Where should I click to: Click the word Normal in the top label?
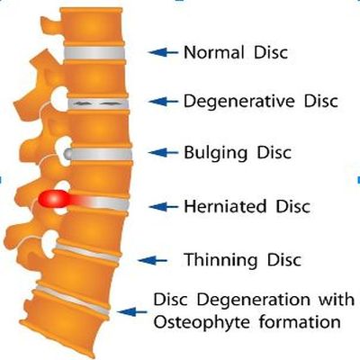coord(213,52)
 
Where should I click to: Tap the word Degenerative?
coord(239,101)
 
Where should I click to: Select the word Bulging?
coord(215,153)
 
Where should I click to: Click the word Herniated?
coord(225,206)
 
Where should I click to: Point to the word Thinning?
coord(220,260)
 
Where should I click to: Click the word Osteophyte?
coord(202,322)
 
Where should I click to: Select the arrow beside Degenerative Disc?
coord(163,102)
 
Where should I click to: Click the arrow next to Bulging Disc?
coord(163,153)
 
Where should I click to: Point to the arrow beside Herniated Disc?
coord(164,206)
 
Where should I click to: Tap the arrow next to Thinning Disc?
coord(153,260)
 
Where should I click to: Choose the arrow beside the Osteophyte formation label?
coord(132,311)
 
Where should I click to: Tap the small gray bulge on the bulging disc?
coord(67,154)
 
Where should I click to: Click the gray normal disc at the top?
coord(94,53)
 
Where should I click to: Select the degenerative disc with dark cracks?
coord(98,103)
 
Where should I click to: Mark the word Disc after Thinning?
coord(283,260)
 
